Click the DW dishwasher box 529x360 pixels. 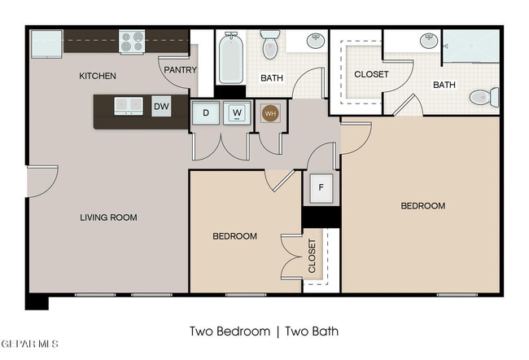(161, 107)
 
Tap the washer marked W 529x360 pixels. (237, 112)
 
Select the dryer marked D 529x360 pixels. (206, 112)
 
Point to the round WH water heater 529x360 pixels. (270, 113)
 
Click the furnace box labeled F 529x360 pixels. (321, 188)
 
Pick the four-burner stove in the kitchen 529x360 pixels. (132, 42)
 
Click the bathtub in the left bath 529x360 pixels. (231, 57)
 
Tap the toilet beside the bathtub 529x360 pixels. (270, 44)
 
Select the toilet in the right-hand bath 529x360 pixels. (484, 97)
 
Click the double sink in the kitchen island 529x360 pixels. (129, 106)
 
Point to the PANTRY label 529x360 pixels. (180, 70)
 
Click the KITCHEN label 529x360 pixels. (98, 76)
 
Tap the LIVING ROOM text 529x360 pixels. (108, 217)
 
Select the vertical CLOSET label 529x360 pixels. (312, 256)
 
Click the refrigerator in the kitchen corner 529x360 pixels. (46, 44)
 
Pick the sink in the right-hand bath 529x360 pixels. (429, 41)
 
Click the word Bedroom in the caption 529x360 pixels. (243, 331)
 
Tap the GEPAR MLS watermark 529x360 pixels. (29, 344)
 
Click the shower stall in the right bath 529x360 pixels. (471, 46)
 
